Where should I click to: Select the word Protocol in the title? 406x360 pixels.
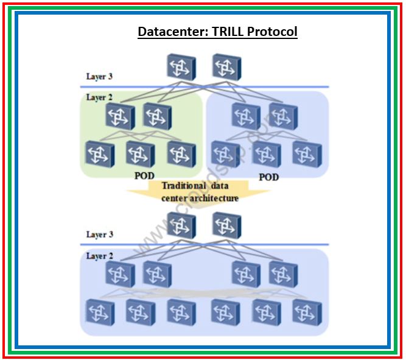[x=272, y=31]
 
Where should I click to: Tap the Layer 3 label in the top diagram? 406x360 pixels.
[x=99, y=77]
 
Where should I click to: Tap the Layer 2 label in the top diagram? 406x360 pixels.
[x=99, y=97]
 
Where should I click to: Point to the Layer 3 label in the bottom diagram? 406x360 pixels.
[x=99, y=235]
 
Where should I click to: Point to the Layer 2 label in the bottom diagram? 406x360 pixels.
[x=99, y=256]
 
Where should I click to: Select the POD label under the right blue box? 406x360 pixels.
[x=268, y=177]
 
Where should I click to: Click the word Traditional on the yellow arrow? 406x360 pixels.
[x=183, y=186]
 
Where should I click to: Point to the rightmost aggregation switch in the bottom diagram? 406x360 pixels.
[x=284, y=274]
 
